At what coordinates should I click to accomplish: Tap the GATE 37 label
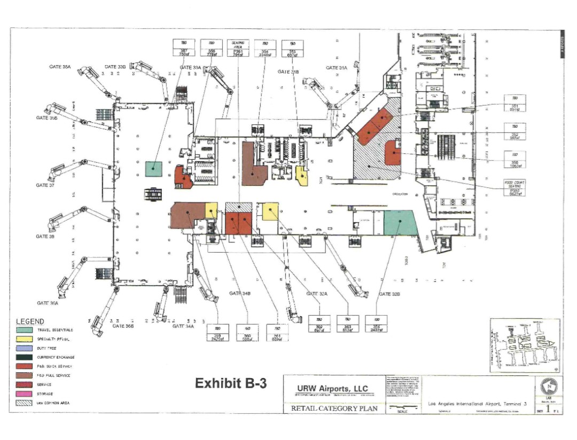[x=45, y=185]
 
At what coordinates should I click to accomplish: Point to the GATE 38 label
[x=45, y=235]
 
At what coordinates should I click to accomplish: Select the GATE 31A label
[x=337, y=68]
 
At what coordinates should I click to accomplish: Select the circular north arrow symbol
[x=548, y=384]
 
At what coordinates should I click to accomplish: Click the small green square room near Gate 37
[x=154, y=169]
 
